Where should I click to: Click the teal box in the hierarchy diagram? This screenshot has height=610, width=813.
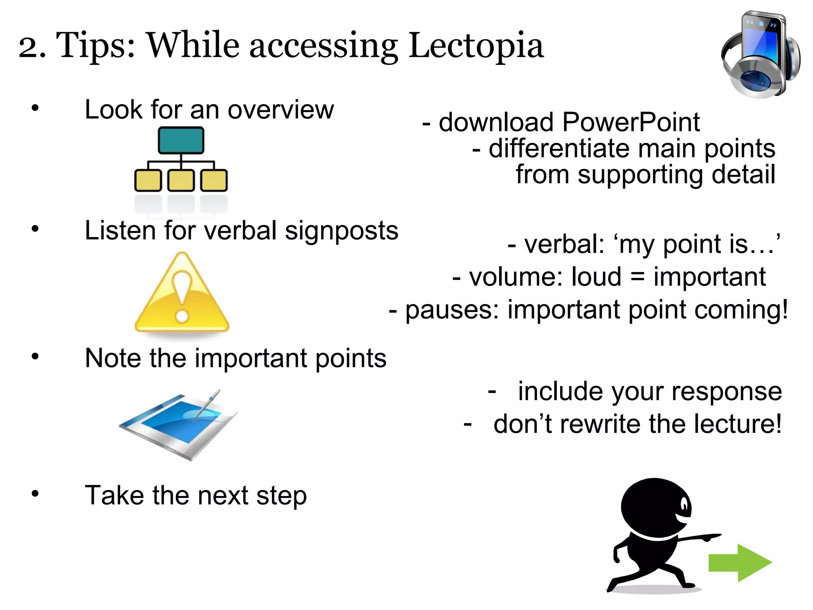pyautogui.click(x=181, y=140)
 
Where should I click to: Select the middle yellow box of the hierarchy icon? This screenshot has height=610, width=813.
pyautogui.click(x=181, y=180)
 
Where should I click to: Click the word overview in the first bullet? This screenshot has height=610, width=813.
pyautogui.click(x=281, y=110)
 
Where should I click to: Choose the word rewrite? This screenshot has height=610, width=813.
pyautogui.click(x=597, y=424)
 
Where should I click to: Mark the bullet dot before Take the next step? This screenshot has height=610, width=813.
pyautogui.click(x=35, y=494)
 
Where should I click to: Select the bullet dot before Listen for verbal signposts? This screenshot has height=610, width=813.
pyautogui.click(x=35, y=228)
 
